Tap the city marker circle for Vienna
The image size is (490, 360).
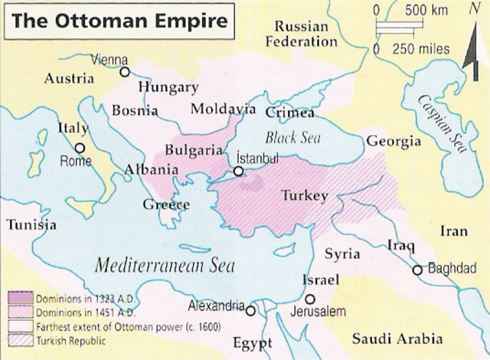coord(126,72)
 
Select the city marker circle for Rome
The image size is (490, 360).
coord(80,148)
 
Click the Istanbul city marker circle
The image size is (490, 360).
coord(240,172)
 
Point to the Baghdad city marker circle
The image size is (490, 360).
coord(417,270)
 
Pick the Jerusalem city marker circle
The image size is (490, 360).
coord(309,299)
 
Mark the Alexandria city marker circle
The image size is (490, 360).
coord(250,309)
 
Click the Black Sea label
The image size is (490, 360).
coord(290,139)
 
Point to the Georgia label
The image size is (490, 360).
coord(394,142)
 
